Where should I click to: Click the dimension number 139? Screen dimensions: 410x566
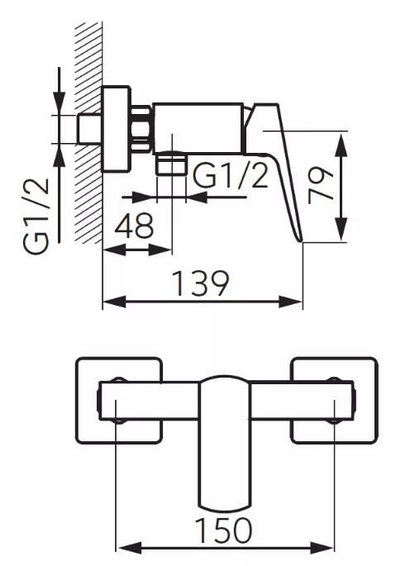[x=201, y=283]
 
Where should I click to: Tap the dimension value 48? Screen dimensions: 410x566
[x=134, y=226]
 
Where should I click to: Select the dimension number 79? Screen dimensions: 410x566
[x=321, y=185]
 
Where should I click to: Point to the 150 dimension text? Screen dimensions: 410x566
[x=223, y=530]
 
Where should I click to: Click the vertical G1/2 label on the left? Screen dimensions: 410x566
[x=36, y=216]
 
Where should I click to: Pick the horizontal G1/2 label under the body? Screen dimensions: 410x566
[x=231, y=176]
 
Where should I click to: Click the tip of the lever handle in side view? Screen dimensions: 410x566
[x=301, y=241]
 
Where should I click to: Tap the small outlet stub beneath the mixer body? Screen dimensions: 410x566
[x=172, y=163]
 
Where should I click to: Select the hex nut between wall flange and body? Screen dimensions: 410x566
[x=141, y=128]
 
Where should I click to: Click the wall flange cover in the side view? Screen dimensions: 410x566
[x=117, y=128]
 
